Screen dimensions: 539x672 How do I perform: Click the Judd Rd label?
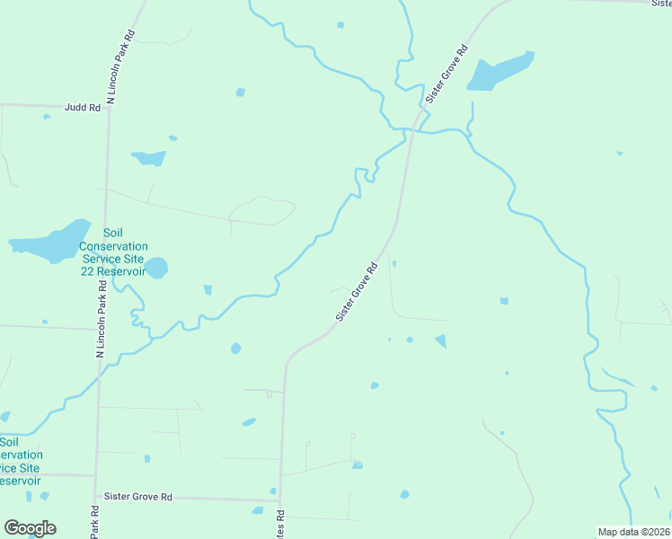point(82,107)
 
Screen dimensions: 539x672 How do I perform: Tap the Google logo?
point(30,528)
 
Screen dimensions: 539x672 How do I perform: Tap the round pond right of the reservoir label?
point(156,268)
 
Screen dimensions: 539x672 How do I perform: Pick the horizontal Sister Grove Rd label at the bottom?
point(137,497)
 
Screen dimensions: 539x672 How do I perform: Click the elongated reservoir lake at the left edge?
point(50,243)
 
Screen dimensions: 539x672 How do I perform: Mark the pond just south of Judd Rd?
point(149,158)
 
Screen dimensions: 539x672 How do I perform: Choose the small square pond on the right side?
point(503,300)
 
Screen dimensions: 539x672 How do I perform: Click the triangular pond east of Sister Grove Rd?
point(440,340)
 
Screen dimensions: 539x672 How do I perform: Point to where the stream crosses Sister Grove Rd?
point(409,131)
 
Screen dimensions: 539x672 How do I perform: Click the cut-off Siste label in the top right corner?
point(660,4)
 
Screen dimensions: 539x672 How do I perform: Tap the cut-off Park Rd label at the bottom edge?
point(94,526)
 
